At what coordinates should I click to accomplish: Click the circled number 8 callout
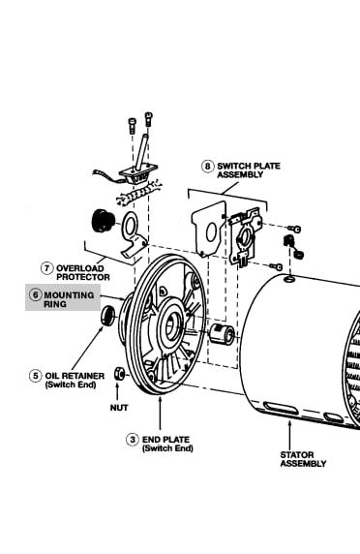tap(207, 166)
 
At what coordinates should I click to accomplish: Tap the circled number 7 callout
tap(46, 268)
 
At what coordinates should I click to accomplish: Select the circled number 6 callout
tap(35, 294)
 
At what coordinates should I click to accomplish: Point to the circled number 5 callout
tap(35, 376)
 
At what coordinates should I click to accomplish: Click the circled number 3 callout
tap(133, 440)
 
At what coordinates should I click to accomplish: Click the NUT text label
tap(119, 408)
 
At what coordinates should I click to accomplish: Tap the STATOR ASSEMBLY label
tap(303, 459)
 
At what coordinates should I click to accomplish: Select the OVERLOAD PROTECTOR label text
tap(83, 273)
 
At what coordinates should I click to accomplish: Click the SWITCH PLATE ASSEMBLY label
tap(249, 170)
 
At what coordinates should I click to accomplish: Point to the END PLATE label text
tap(165, 440)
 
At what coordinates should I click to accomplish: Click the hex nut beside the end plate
tap(119, 374)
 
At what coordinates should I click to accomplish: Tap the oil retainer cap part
tap(107, 315)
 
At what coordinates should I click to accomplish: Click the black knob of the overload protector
tap(103, 221)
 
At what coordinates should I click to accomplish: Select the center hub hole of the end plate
tap(171, 325)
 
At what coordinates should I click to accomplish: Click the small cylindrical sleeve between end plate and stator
tap(222, 334)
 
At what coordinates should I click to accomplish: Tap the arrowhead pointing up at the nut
tap(117, 385)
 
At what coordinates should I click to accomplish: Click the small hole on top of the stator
tap(290, 280)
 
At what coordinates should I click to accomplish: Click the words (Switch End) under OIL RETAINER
tap(71, 385)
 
